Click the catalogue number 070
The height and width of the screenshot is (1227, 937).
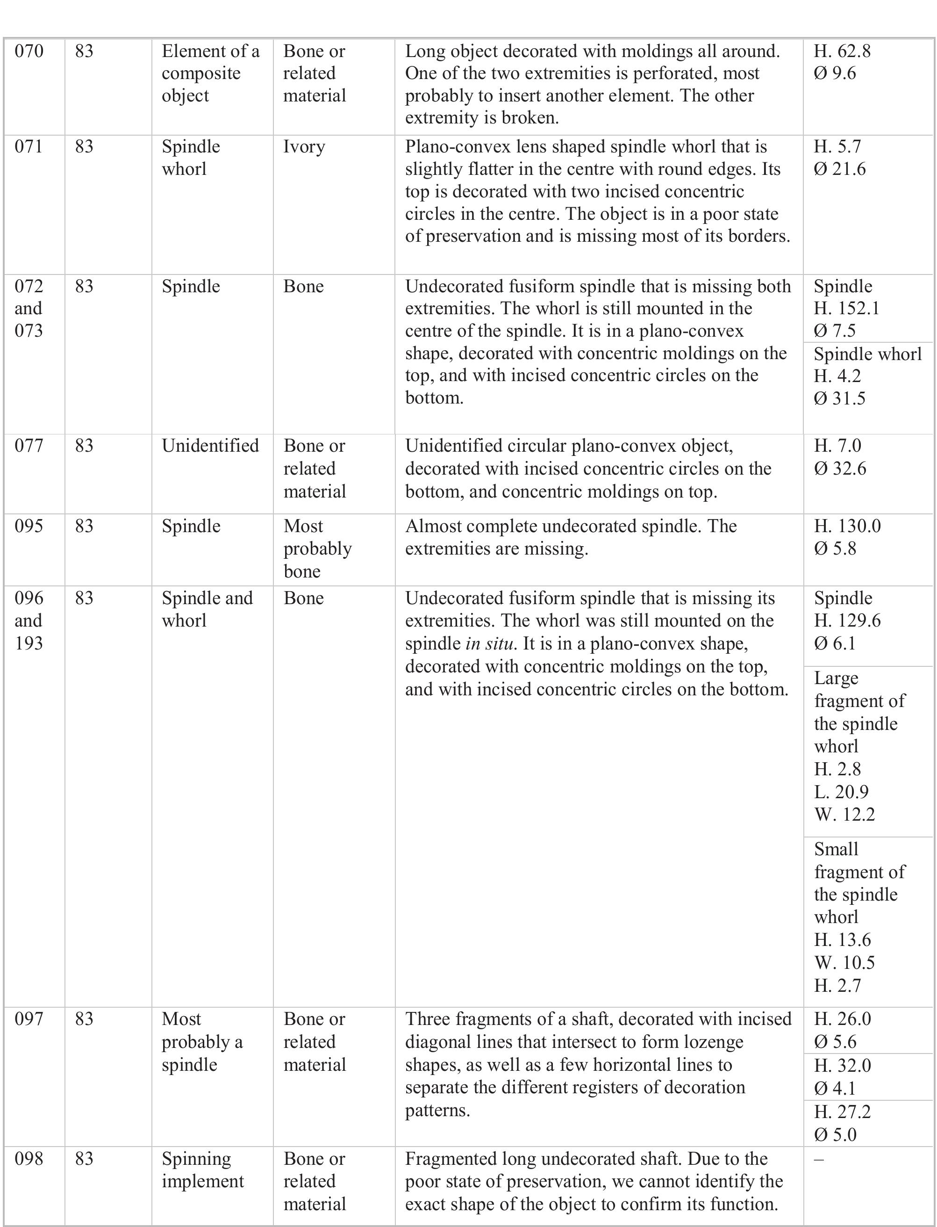coord(29,51)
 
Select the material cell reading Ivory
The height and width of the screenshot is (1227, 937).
coord(304,147)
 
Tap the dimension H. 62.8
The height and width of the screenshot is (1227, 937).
coord(842,51)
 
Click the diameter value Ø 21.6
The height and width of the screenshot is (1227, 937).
coord(839,169)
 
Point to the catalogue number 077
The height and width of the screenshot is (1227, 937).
coord(29,446)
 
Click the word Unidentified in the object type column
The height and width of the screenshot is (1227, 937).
coord(210,446)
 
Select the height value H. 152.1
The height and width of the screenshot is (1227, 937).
coord(846,309)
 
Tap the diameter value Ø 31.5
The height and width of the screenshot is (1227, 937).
coord(839,398)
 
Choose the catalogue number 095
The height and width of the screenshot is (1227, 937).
coord(29,526)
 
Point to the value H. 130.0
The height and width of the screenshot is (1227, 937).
coord(847,526)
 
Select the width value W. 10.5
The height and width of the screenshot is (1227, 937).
coord(844,962)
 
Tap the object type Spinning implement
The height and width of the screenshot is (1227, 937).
coord(202,1170)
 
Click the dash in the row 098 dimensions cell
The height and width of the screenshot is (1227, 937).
coord(818,1159)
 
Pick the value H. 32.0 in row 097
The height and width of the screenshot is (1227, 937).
coord(842,1065)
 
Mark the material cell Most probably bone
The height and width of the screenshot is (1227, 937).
coord(317,549)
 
